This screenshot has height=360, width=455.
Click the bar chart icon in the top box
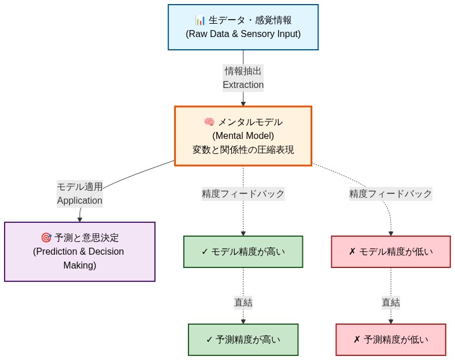[200, 20]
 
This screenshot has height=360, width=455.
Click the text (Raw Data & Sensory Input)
[243, 34]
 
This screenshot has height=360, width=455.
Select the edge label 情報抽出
[243, 71]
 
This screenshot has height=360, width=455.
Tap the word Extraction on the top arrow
[243, 85]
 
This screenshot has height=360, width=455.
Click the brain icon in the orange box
[209, 122]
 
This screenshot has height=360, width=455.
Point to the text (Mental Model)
[243, 136]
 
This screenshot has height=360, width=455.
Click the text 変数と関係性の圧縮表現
[243, 150]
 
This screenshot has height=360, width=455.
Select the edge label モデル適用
[79, 186]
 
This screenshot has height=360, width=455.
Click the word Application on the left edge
[79, 201]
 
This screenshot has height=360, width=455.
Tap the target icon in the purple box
[46, 238]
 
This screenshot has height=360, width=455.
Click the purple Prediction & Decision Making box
[80, 252]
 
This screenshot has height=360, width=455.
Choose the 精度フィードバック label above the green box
[243, 194]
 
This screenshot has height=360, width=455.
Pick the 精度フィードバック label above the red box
[390, 194]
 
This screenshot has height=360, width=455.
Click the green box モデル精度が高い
[243, 252]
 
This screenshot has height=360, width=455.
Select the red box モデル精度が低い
[390, 252]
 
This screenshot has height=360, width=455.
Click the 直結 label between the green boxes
[243, 302]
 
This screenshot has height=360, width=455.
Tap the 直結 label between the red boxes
[390, 302]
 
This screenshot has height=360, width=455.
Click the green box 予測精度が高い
[243, 340]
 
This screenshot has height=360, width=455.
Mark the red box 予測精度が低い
[390, 340]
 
